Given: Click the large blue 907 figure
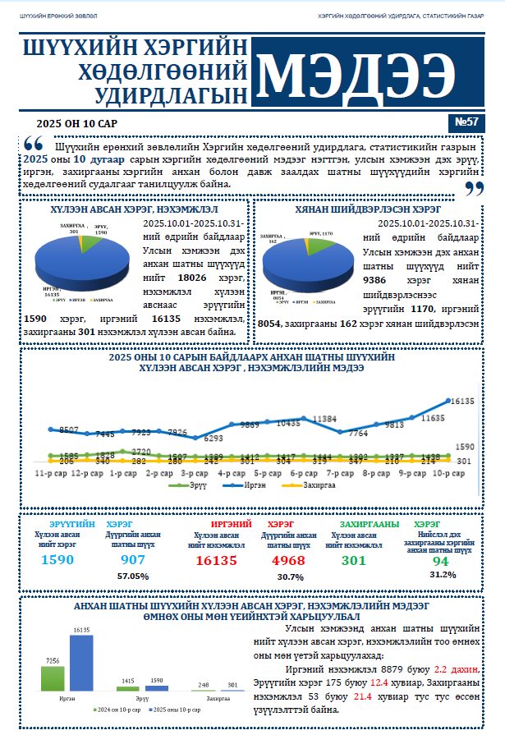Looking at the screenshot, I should (x=133, y=560).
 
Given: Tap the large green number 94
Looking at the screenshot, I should (x=441, y=561).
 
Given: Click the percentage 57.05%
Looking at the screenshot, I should (x=132, y=577).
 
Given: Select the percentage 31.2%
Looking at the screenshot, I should (x=443, y=574).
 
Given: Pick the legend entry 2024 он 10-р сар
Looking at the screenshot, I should (x=117, y=708).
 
